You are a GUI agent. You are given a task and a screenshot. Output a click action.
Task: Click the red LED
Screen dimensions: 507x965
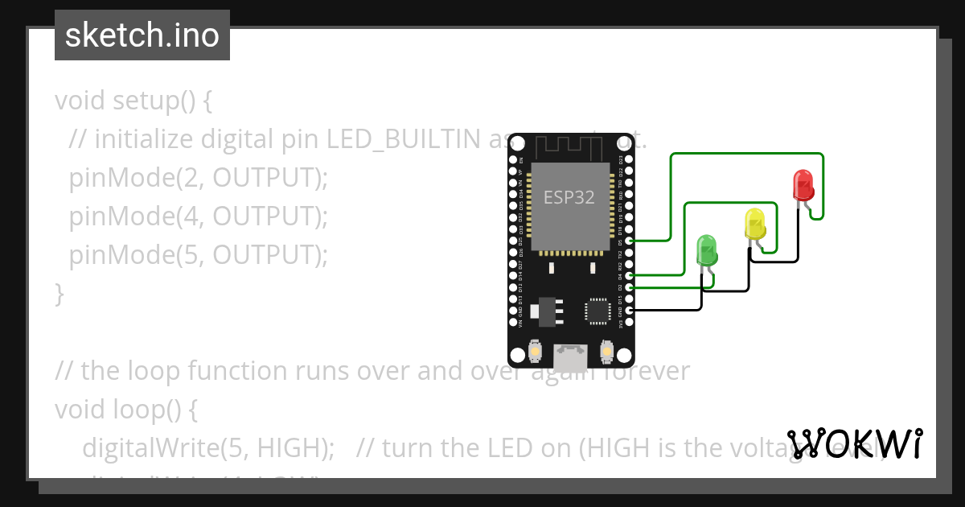point(803,185)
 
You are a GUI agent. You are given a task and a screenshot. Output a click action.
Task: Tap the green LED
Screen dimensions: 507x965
point(706,251)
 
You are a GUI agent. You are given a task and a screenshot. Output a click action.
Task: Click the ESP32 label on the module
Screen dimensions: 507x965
point(569,197)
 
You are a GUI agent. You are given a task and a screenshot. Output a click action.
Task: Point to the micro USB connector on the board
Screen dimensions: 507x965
point(571,352)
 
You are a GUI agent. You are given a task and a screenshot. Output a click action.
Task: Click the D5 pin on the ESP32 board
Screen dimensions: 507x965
point(629,241)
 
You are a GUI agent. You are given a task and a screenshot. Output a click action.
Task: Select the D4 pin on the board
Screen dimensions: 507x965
point(629,275)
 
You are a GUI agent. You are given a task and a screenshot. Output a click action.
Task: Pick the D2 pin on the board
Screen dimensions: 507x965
point(629,287)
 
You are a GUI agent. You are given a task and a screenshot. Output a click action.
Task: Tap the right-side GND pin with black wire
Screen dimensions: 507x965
point(629,310)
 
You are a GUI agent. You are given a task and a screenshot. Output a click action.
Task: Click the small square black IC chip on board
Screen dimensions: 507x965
point(598,311)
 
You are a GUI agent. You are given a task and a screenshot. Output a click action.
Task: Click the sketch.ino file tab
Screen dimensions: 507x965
point(142,35)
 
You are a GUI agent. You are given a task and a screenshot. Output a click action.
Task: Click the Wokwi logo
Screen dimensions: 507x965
point(855,443)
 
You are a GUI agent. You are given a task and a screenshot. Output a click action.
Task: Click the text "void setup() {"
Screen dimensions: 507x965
point(133,101)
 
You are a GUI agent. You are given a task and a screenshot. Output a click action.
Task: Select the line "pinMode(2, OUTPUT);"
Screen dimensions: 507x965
point(199,178)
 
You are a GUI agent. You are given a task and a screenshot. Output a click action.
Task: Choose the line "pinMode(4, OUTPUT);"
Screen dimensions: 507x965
point(199,216)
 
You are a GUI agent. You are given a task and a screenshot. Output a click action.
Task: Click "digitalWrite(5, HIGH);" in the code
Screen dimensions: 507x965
point(208,448)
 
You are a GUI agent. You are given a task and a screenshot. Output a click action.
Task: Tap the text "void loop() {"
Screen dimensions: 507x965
point(126,410)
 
